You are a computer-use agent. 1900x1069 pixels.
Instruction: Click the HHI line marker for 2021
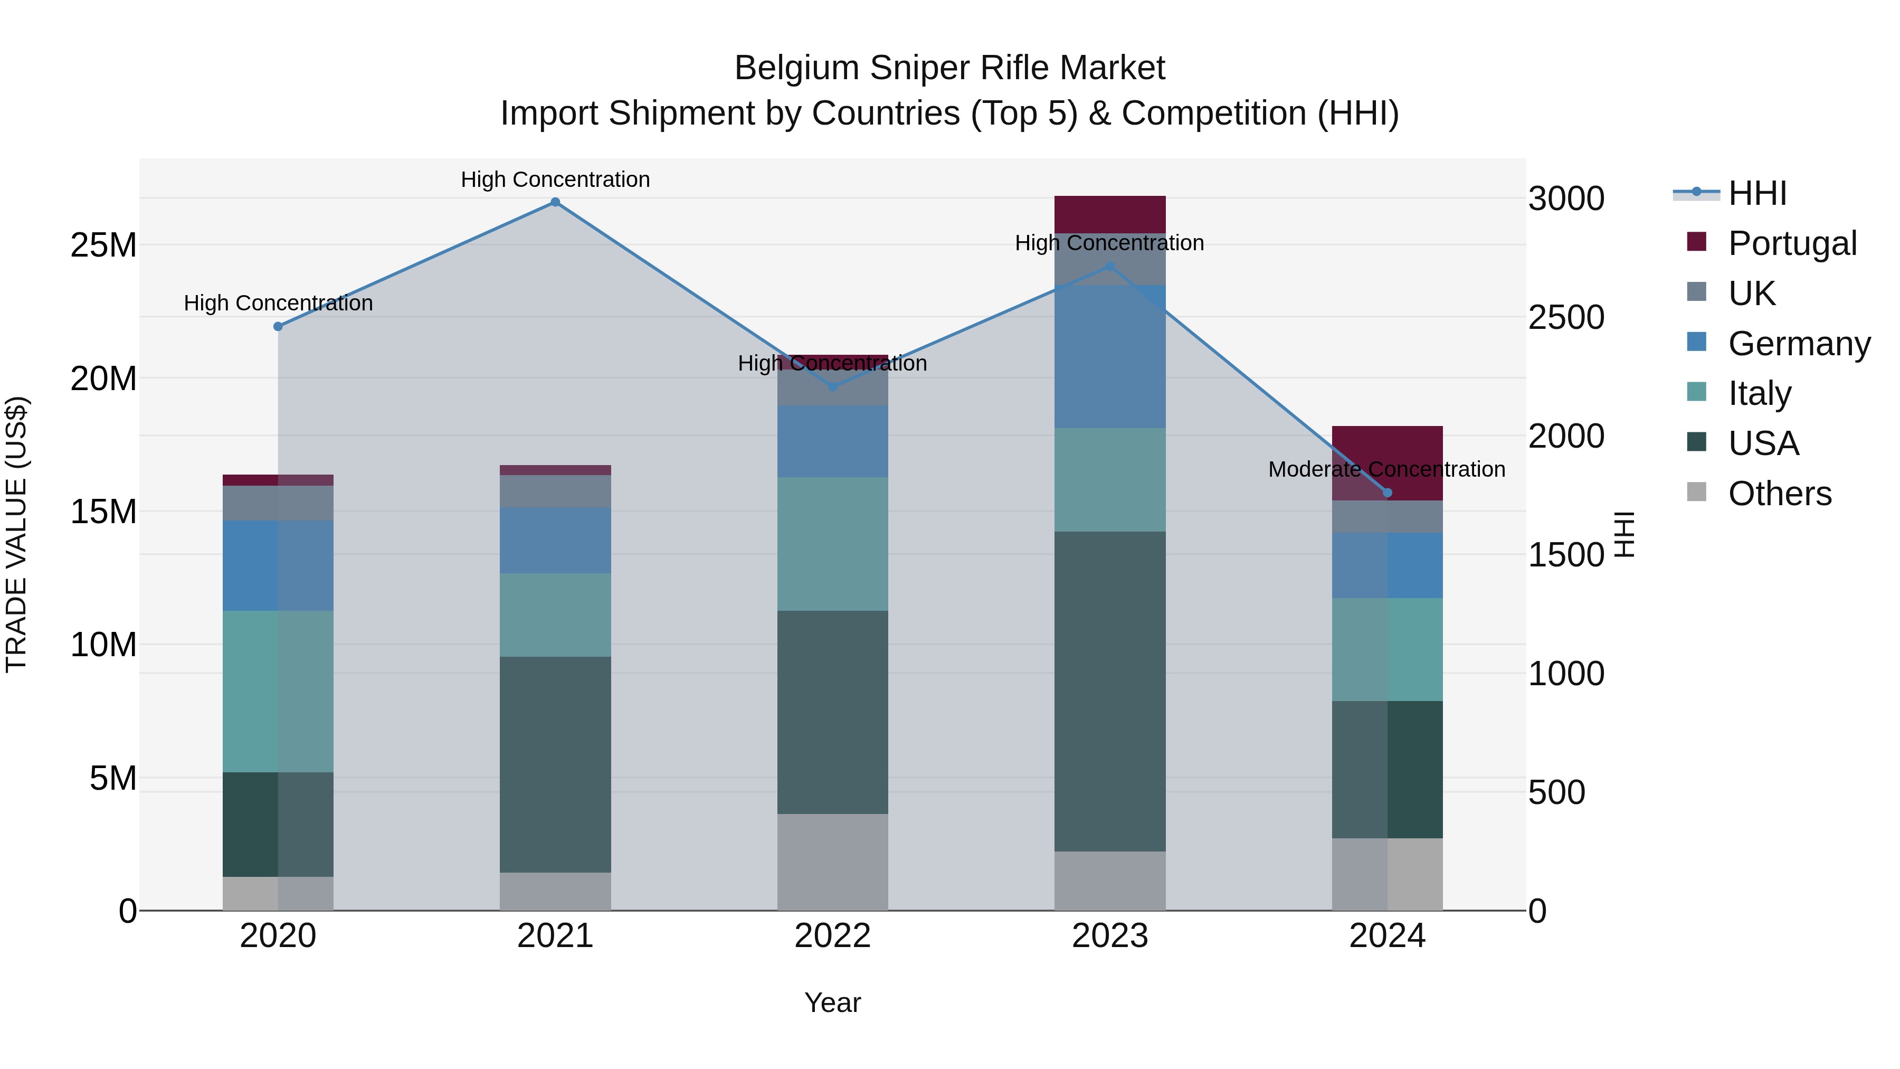555,202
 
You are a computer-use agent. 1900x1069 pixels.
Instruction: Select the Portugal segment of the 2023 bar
1109,214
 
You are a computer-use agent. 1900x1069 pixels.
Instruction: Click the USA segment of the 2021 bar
555,764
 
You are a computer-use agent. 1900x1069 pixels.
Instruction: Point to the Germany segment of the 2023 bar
1109,356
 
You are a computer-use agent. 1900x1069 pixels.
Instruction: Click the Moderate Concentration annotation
1386,469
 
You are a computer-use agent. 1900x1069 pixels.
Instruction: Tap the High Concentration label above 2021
555,179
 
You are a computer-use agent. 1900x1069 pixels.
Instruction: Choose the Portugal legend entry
1792,243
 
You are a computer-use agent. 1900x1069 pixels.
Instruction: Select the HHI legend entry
1757,193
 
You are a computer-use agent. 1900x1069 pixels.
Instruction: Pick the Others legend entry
1779,494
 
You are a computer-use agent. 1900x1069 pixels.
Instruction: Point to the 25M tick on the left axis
103,245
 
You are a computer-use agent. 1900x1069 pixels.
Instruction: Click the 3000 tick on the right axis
1566,198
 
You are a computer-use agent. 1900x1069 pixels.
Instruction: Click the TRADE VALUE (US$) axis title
16,534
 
